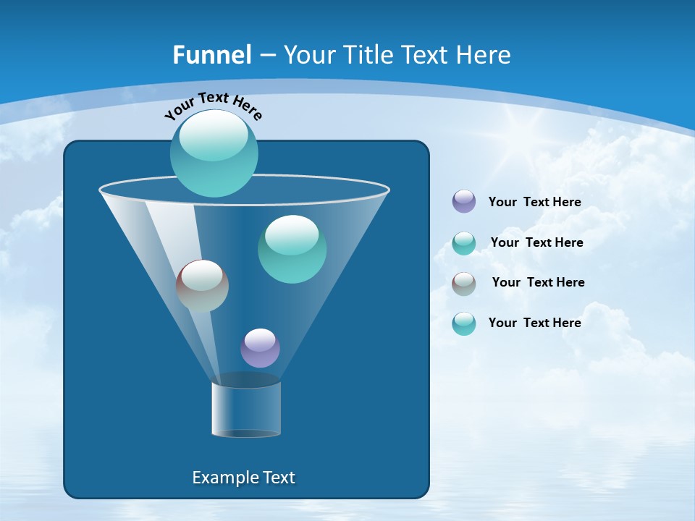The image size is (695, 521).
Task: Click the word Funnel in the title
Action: (x=212, y=55)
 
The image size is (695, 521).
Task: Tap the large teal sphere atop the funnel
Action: (x=214, y=153)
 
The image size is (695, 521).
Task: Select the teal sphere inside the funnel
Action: (x=292, y=249)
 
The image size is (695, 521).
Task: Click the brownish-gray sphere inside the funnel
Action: (x=202, y=286)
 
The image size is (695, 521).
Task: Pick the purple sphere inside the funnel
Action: (x=260, y=348)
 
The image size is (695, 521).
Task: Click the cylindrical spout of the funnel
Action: (x=246, y=409)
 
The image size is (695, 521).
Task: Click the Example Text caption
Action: (x=243, y=478)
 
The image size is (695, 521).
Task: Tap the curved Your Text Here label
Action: (x=213, y=106)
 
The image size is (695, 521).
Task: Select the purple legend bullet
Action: (x=464, y=201)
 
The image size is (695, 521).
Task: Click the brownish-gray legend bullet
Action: (x=464, y=283)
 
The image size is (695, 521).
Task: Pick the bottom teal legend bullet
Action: (x=464, y=323)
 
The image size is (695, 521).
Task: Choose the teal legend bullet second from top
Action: (x=464, y=243)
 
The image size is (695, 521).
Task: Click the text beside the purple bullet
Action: (x=534, y=202)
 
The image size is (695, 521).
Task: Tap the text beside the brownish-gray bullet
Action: (x=538, y=282)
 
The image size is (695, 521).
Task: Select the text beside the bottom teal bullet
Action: (x=534, y=323)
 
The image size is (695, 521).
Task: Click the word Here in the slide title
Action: (x=484, y=55)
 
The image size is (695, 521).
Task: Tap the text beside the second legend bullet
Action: (x=536, y=242)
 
